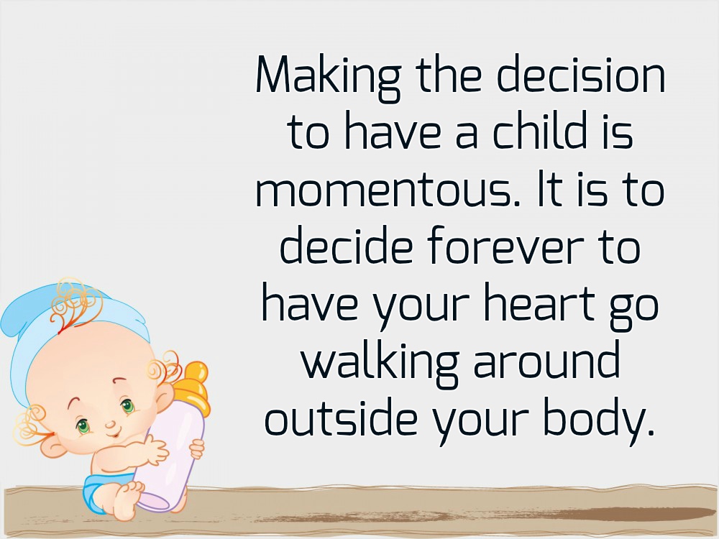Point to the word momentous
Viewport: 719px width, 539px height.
pyautogui.click(x=388, y=190)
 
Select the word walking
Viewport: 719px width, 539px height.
pyautogui.click(x=380, y=361)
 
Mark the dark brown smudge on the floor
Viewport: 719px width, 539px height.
pyautogui.click(x=642, y=513)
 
